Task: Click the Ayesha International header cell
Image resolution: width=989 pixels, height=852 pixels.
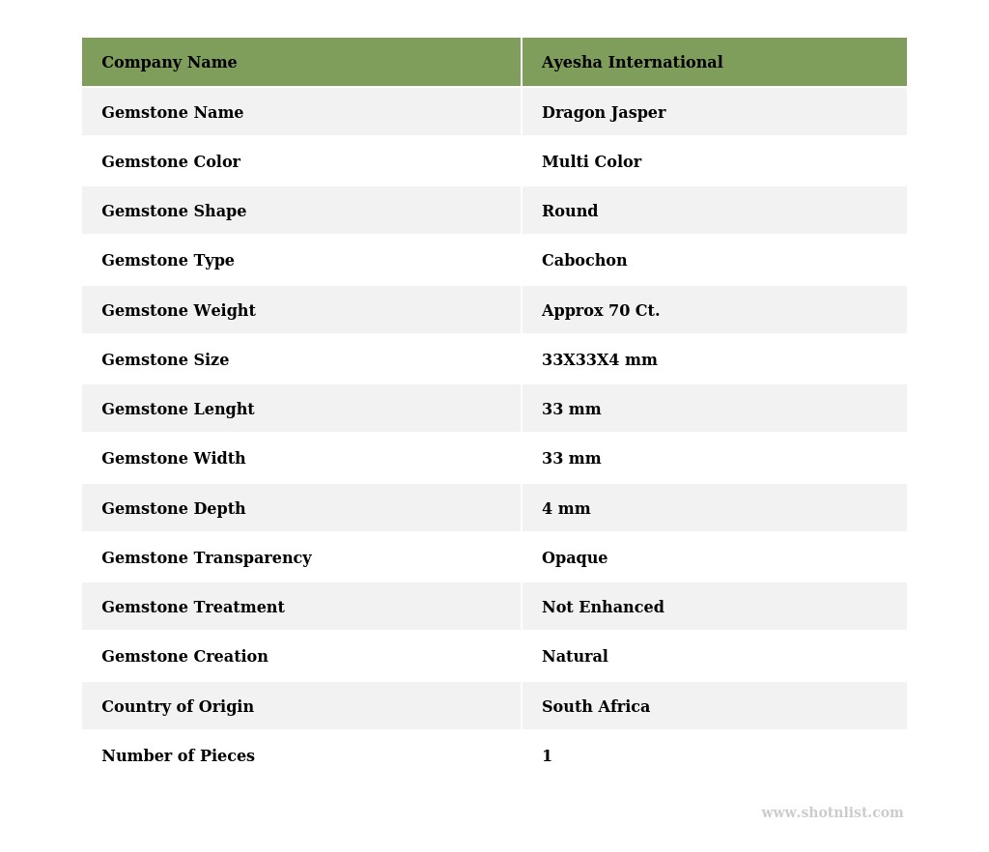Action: tap(632, 63)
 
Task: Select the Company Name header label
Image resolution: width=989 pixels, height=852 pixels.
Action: tap(169, 63)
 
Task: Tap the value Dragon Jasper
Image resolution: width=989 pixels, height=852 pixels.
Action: tap(604, 113)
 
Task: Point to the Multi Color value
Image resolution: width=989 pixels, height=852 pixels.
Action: tap(591, 162)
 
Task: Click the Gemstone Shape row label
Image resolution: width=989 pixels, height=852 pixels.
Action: tap(174, 212)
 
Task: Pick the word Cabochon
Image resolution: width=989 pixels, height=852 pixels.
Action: tap(584, 261)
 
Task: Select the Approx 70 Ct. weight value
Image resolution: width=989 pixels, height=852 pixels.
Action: tap(601, 311)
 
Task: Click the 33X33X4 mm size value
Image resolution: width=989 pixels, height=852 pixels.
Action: tap(599, 360)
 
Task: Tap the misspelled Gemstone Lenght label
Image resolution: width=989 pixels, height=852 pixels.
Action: tap(178, 410)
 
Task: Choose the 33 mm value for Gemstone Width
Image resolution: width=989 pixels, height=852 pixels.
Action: tap(571, 459)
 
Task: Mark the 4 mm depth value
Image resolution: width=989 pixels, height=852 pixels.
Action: tap(566, 509)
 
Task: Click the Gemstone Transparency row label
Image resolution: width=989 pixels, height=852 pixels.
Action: tap(207, 558)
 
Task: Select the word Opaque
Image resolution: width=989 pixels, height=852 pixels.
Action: tap(575, 558)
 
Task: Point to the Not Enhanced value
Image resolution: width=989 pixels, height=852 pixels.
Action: tap(603, 608)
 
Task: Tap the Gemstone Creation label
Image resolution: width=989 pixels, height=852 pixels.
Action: tap(184, 657)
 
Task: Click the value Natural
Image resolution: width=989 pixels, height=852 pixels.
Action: tap(575, 657)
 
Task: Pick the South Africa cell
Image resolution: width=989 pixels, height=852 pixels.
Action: tap(596, 707)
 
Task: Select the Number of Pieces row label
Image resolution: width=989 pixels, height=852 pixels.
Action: tap(178, 756)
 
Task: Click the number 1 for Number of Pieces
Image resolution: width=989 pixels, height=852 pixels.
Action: tap(547, 756)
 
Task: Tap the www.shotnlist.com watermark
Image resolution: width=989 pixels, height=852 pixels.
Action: tap(832, 813)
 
